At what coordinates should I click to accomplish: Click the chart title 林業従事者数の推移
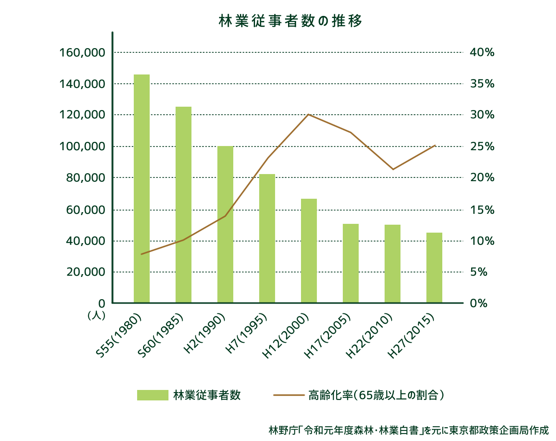[x=290, y=21]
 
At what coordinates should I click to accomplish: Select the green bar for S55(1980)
[x=142, y=188]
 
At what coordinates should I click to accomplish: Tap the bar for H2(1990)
[x=225, y=224]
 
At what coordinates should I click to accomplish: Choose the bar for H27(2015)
[x=434, y=267]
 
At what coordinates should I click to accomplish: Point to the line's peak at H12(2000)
[x=308, y=114]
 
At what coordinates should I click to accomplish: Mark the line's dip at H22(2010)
[x=393, y=169]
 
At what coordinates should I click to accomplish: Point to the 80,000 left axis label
[x=85, y=178]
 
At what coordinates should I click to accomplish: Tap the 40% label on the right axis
[x=482, y=52]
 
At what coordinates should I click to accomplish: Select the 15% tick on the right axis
[x=482, y=210]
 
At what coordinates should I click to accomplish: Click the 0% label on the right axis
[x=479, y=303]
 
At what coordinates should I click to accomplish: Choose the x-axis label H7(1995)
[x=246, y=333]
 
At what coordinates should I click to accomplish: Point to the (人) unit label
[x=96, y=315]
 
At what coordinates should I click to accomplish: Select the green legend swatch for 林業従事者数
[x=153, y=395]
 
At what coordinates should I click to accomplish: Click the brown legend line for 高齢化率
[x=288, y=395]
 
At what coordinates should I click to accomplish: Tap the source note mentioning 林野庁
[x=408, y=430]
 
